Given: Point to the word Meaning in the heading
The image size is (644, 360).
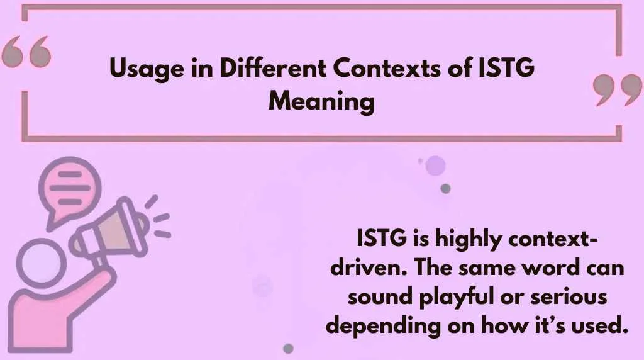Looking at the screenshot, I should point(321,101).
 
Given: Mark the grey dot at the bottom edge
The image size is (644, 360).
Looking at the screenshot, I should point(289,348).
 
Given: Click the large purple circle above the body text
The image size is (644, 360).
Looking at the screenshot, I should point(435,166).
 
